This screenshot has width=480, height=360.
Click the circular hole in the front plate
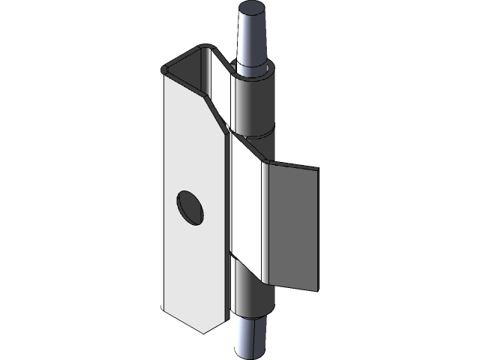point(190,206)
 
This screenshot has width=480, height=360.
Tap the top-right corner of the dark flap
point(318,167)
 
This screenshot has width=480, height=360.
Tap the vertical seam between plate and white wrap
point(227,225)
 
